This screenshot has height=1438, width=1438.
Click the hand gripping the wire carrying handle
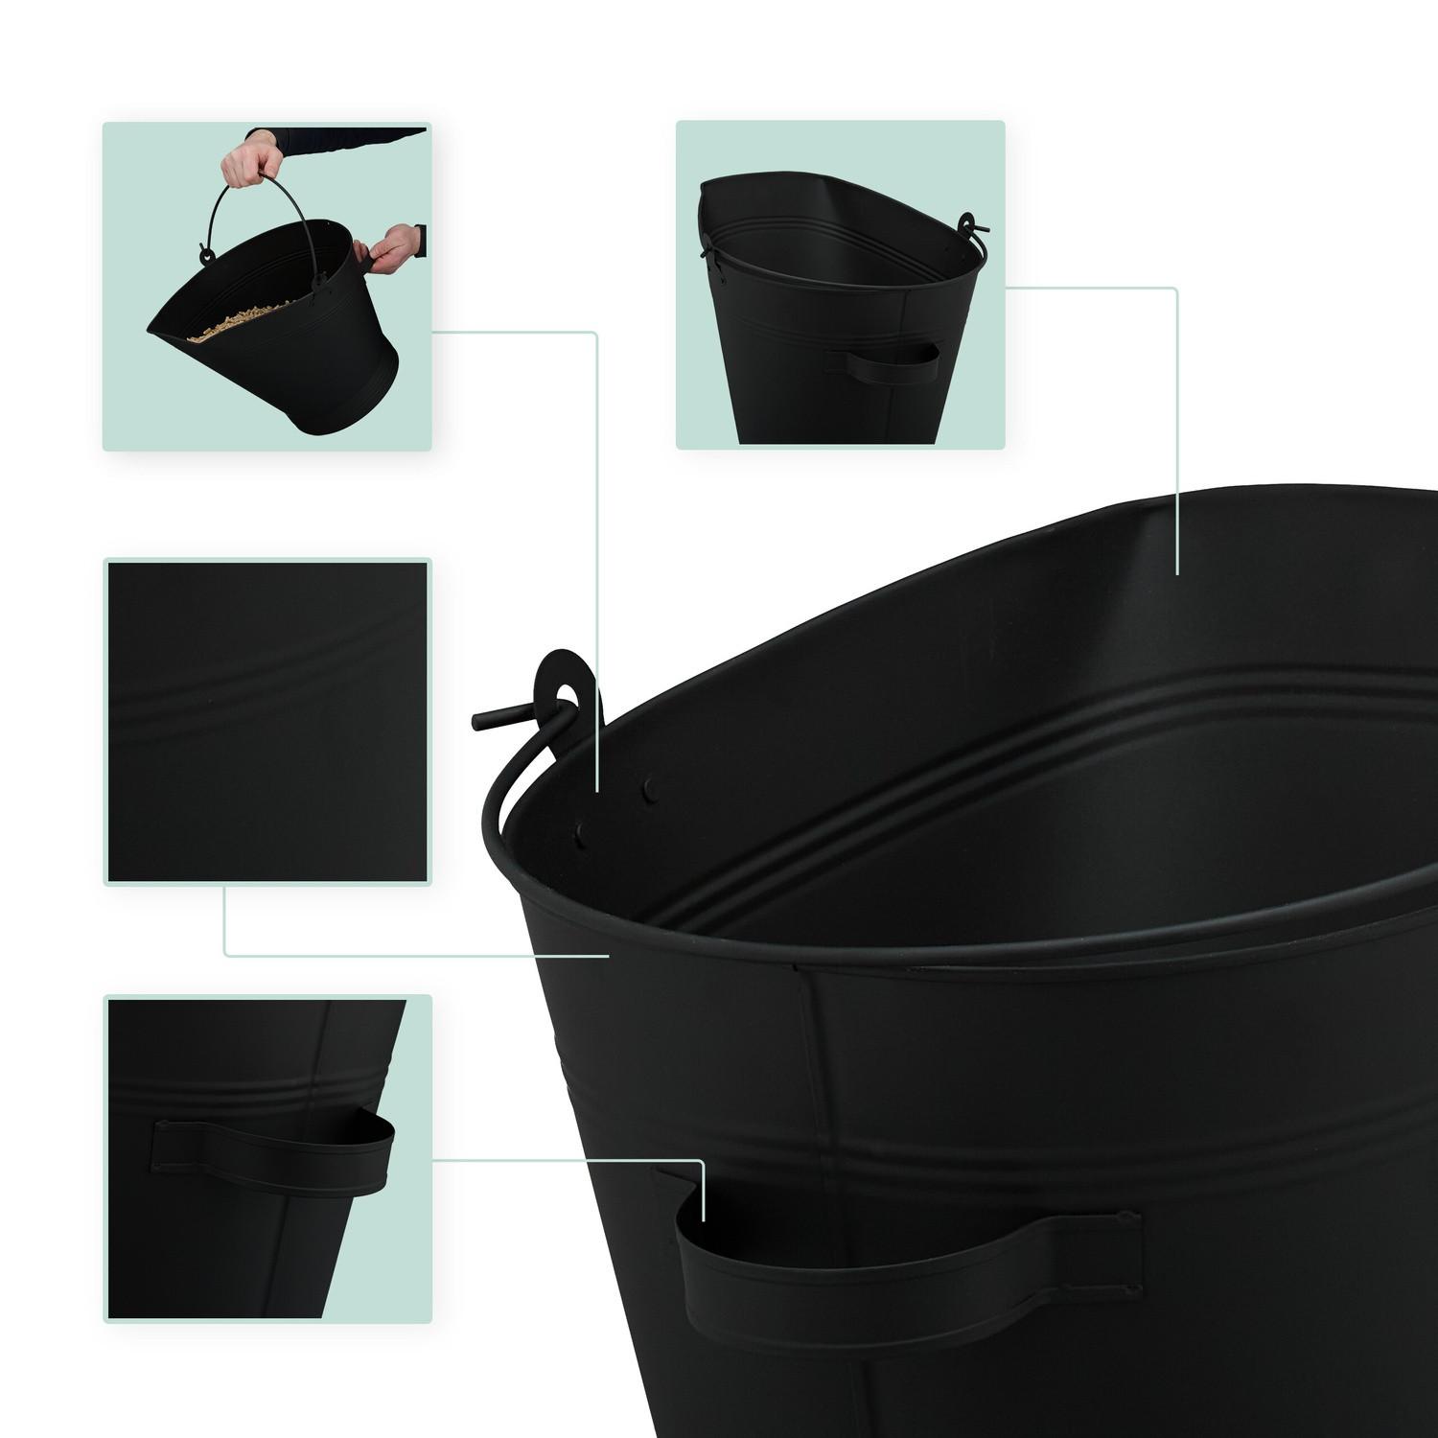pos(247,163)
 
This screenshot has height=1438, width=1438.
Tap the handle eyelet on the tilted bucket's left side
pos(205,255)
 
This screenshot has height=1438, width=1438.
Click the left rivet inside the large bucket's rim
pos(580,837)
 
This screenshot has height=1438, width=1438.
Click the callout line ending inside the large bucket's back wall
pos(1177,571)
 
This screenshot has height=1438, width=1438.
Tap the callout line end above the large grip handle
pos(705,1218)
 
